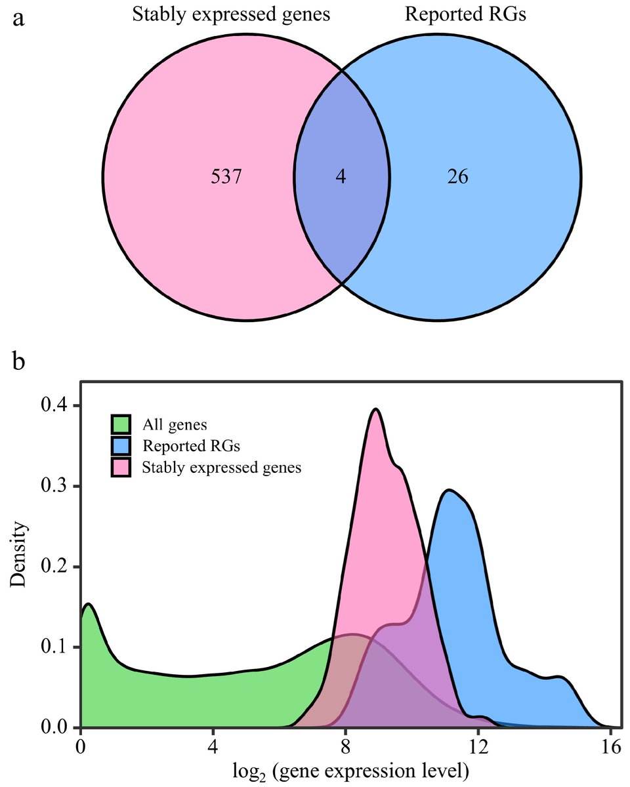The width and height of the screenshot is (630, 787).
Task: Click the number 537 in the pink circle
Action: (227, 177)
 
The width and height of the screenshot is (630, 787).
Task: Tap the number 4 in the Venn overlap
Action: (341, 177)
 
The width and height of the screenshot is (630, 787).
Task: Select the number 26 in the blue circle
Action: (457, 177)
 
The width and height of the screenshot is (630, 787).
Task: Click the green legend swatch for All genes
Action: (121, 424)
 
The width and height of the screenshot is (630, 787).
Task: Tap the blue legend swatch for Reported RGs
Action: (121, 446)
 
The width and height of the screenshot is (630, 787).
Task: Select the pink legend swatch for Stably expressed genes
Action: (121, 468)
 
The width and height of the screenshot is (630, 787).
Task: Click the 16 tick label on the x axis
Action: (610, 747)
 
